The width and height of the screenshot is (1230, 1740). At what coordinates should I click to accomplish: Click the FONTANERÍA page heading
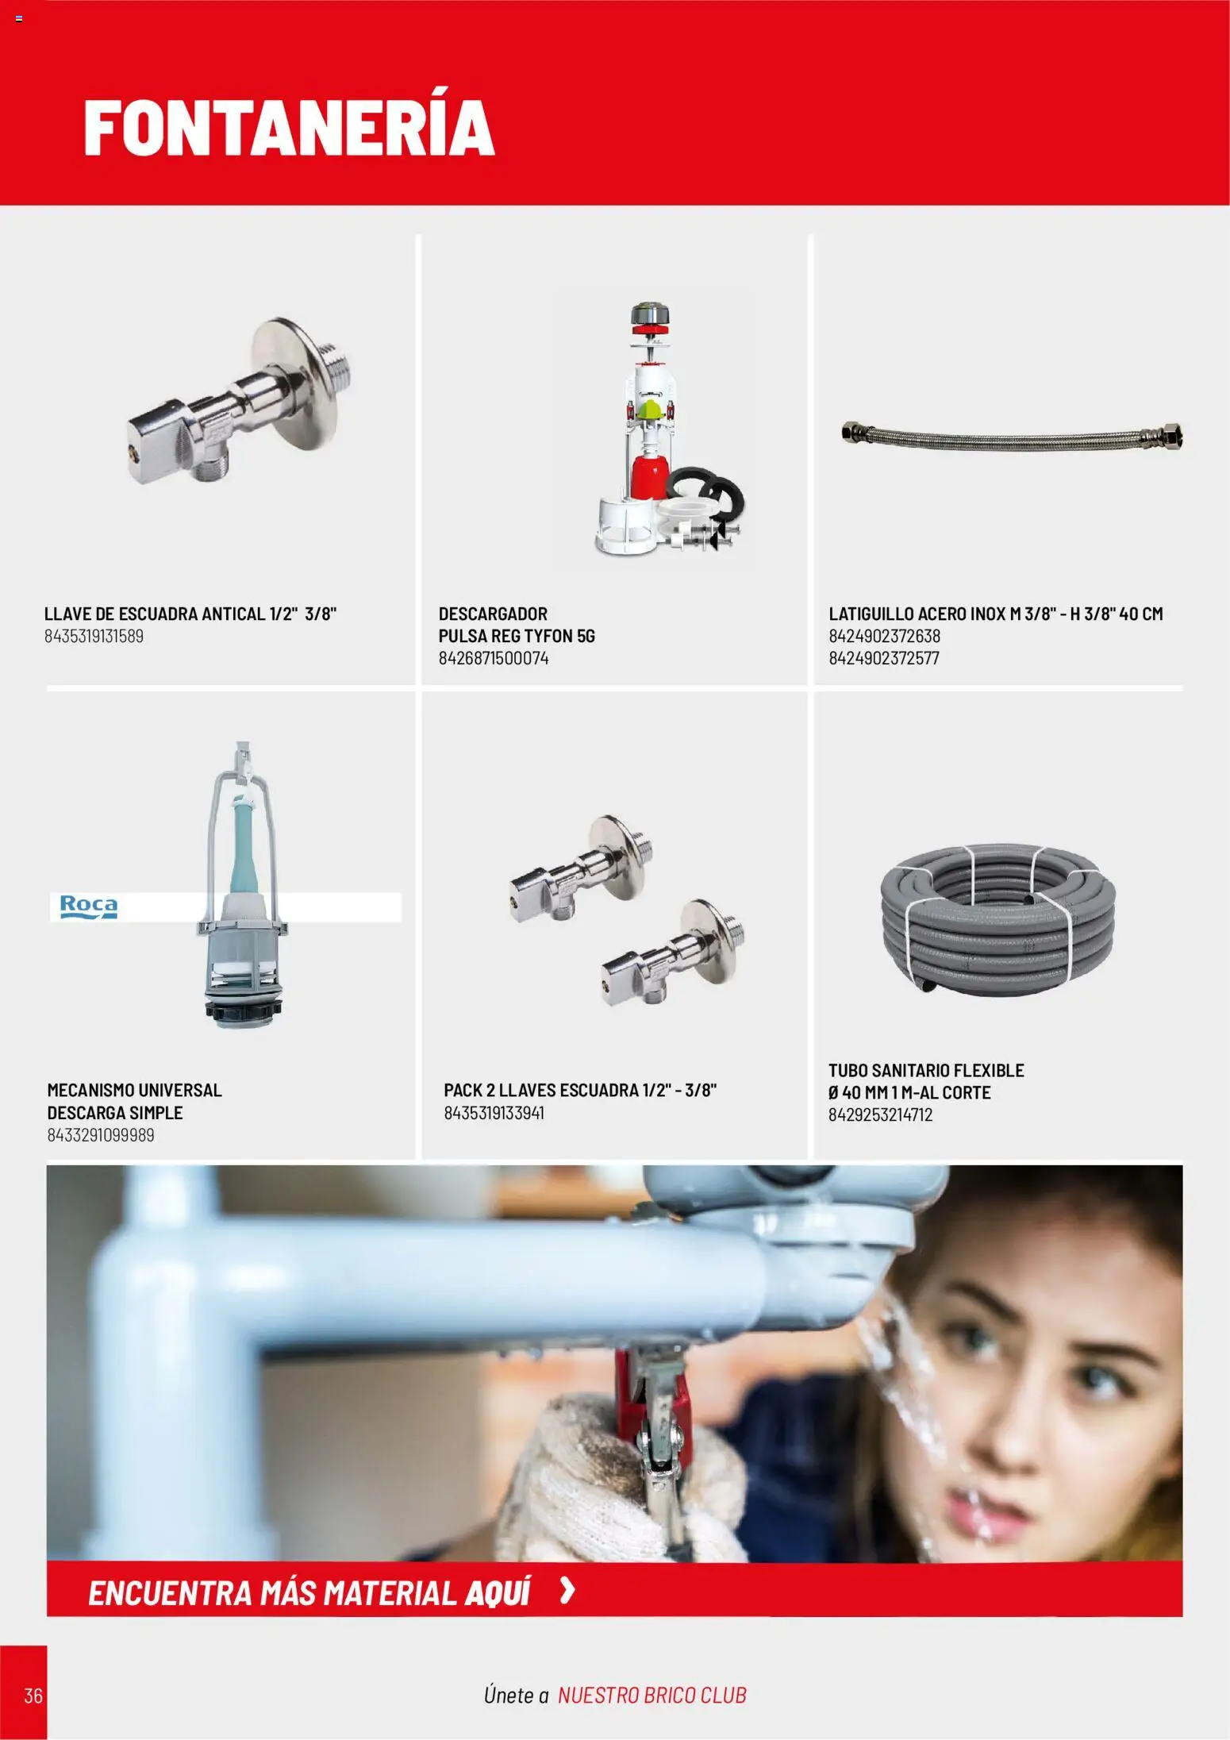pyautogui.click(x=290, y=127)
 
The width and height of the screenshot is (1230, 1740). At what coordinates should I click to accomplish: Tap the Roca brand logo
pyautogui.click(x=89, y=907)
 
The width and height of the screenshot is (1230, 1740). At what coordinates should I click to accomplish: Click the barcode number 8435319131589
pyautogui.click(x=94, y=637)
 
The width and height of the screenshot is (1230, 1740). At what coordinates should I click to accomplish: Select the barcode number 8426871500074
pyautogui.click(x=493, y=658)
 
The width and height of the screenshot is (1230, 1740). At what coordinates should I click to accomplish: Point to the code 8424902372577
pyautogui.click(x=884, y=658)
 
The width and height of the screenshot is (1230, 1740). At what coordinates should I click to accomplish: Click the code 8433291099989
pyautogui.click(x=101, y=1135)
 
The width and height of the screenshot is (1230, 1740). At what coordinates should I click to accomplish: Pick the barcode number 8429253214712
pyautogui.click(x=881, y=1115)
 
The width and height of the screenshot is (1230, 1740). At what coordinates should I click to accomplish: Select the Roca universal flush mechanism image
pyautogui.click(x=242, y=885)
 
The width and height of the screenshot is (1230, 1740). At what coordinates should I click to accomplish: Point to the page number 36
pyautogui.click(x=33, y=1696)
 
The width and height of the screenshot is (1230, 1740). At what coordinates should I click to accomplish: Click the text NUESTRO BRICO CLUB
pyautogui.click(x=652, y=1696)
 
